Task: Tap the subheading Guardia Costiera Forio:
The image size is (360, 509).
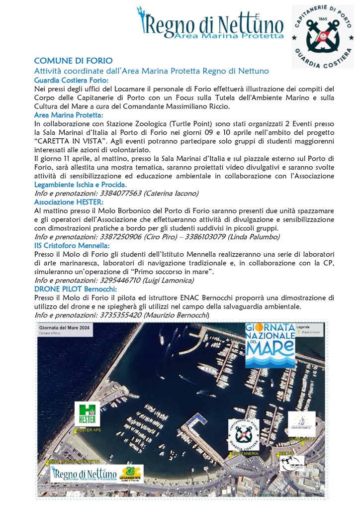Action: click(x=71, y=80)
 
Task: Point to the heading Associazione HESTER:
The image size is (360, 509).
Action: click(x=69, y=202)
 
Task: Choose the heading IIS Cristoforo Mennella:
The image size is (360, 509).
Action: click(x=72, y=246)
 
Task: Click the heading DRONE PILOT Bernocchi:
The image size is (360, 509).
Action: click(x=75, y=289)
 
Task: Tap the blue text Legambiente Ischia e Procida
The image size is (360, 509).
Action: click(x=80, y=185)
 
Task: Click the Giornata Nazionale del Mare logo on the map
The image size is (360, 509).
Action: click(x=270, y=345)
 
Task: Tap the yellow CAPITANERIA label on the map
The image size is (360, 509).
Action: click(x=244, y=454)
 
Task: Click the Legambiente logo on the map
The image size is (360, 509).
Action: click(x=131, y=473)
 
